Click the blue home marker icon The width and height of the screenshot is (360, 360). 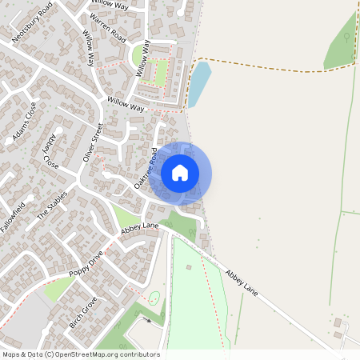(180, 171)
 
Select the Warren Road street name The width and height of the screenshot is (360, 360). (108, 26)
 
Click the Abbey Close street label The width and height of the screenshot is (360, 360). (50, 151)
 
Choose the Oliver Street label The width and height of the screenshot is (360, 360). (93, 142)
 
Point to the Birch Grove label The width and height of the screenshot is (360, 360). (82, 313)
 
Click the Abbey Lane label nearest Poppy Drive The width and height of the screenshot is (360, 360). (139, 230)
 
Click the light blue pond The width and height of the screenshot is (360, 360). (198, 84)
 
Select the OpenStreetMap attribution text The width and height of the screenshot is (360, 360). (80, 354)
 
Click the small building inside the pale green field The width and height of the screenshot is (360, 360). (154, 298)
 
